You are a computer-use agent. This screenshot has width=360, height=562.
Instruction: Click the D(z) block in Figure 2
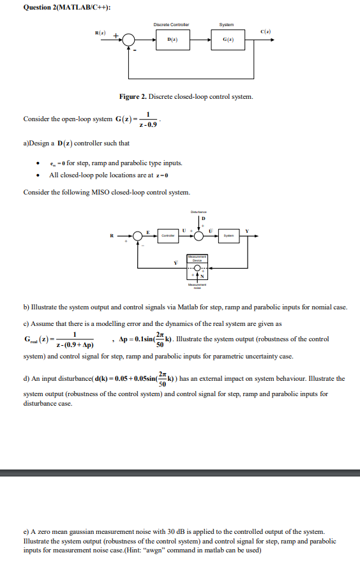click(171, 40)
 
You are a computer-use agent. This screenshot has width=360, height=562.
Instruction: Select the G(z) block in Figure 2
click(227, 40)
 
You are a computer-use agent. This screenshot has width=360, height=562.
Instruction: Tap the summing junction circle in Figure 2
click(130, 40)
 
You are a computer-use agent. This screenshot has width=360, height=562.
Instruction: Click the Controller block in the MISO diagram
click(169, 236)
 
